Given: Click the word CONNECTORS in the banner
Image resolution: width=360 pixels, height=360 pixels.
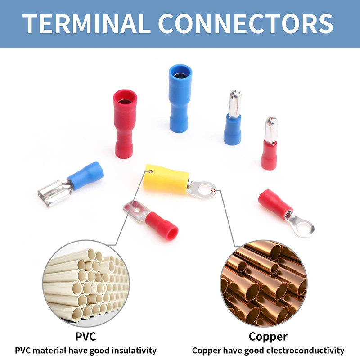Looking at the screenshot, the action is (245, 23).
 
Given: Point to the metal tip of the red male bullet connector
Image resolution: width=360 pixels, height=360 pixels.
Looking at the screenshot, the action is (271, 128).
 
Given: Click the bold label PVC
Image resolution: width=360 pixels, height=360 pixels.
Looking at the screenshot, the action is (85, 337).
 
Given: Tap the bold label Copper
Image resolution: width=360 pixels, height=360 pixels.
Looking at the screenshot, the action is (268, 337).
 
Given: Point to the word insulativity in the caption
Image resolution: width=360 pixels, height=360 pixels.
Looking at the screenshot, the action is (132, 350).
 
